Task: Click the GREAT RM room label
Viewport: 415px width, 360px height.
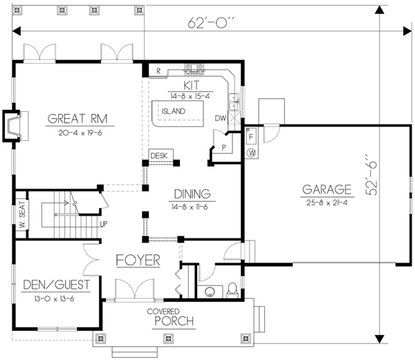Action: pos(76,117)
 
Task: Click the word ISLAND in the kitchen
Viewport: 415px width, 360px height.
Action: pos(173,111)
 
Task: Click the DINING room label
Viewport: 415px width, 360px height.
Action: pos(192,193)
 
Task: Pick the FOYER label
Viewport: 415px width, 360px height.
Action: pos(138,260)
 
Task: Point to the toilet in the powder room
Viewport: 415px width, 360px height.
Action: pos(232,289)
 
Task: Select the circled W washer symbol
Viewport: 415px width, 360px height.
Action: pos(252,152)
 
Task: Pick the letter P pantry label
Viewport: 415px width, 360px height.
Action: pos(224,148)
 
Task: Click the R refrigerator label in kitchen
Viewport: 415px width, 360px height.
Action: pos(158,70)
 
